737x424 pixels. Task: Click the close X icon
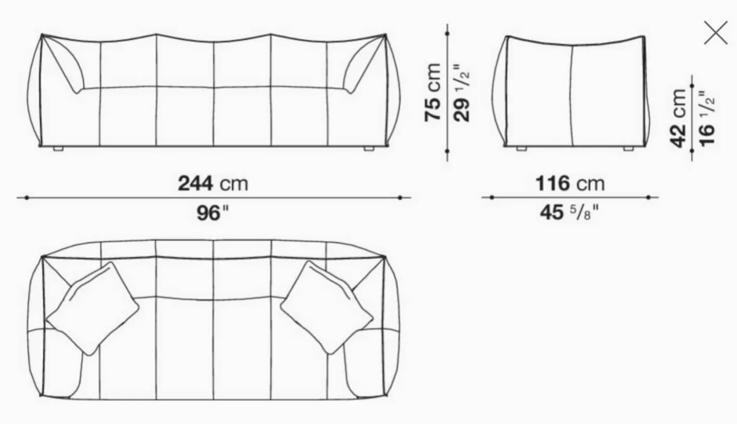(716, 33)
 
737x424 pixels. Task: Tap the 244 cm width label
(213, 183)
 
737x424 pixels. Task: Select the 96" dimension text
(213, 213)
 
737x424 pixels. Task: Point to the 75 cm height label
(434, 92)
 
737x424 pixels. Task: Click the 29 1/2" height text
(461, 92)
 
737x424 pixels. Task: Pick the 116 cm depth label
(569, 183)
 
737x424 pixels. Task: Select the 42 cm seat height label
(678, 118)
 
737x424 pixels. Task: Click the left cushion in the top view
(92, 307)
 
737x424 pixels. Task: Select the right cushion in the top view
(327, 307)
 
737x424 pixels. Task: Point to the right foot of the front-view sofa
(368, 149)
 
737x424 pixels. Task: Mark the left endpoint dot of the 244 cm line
(26, 198)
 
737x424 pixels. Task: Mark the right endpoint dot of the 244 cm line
(400, 198)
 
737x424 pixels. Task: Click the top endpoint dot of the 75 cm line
(447, 34)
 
